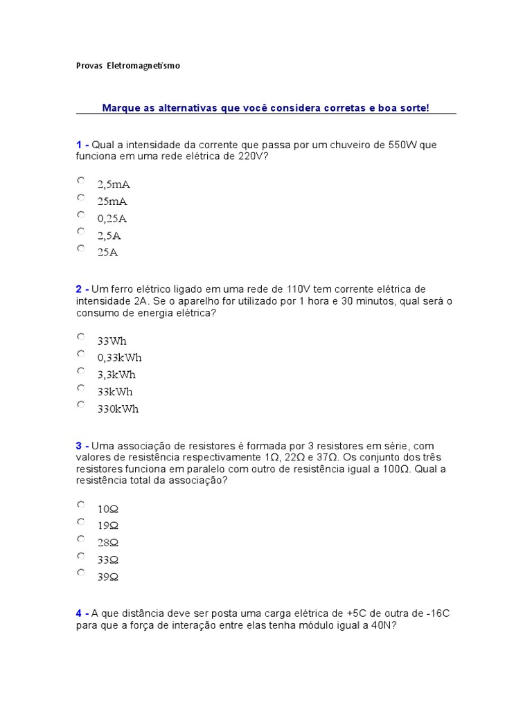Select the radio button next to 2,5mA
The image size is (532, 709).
coord(81,181)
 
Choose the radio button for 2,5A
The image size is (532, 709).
coord(81,231)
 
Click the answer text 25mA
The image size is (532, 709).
coord(112,201)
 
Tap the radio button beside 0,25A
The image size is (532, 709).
coord(81,215)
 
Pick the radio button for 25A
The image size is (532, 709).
coord(81,248)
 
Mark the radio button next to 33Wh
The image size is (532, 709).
coord(81,336)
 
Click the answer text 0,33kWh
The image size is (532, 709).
coord(119,357)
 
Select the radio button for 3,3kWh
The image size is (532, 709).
coord(81,370)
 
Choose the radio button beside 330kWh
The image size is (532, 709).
coord(81,404)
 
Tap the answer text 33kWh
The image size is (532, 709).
coord(115,391)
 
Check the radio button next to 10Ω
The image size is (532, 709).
coord(81,505)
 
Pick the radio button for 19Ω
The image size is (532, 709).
coord(81,521)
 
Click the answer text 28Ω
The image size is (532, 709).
coord(108,542)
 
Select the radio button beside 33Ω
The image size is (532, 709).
coord(81,555)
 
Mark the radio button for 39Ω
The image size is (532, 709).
coord(81,572)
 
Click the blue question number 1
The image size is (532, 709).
coord(79,144)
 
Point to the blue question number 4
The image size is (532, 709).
coord(79,613)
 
